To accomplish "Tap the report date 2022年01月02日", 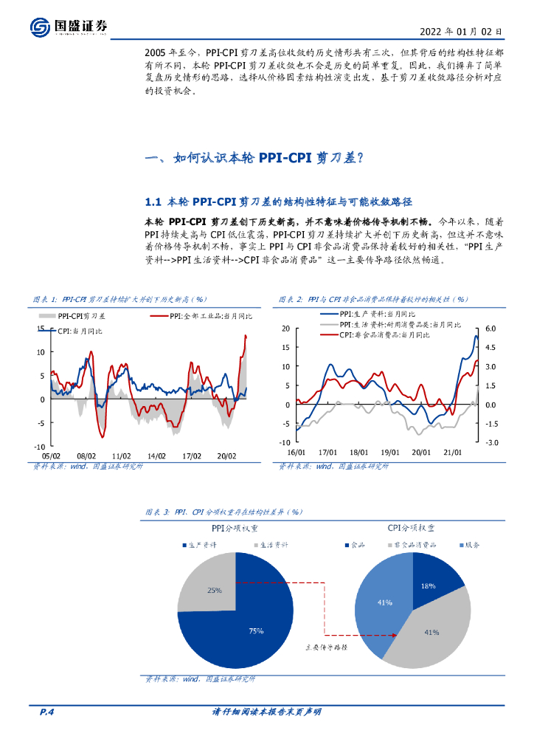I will (x=461, y=32).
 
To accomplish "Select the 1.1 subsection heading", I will (x=278, y=202).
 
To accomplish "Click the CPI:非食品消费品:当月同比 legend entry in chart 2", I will (x=383, y=334).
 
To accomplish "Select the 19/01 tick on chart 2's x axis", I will (x=389, y=453).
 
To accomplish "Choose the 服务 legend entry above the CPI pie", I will (x=469, y=545).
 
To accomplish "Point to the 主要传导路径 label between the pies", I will (x=327, y=645).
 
